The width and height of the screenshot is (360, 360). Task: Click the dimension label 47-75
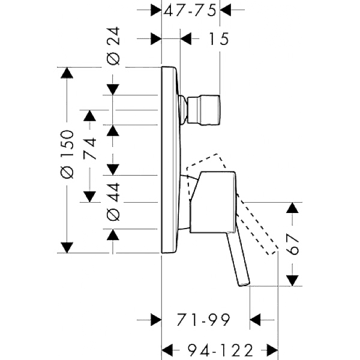tap(190, 11)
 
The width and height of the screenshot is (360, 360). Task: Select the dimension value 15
tap(218, 38)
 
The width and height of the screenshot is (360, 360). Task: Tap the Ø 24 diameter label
tap(113, 46)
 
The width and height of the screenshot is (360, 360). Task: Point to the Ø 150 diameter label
tap(67, 155)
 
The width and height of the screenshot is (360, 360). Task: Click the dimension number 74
tap(89, 148)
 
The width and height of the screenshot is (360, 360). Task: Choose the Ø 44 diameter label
tap(113, 202)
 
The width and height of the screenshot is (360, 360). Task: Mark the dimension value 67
tap(293, 244)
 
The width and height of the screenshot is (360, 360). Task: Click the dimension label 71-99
tap(203, 319)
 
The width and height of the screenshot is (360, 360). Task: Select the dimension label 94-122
tap(220, 350)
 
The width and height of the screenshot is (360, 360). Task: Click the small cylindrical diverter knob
tap(204, 110)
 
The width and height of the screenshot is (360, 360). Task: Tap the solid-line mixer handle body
tap(212, 202)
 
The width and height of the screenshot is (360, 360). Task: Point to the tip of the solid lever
tap(244, 284)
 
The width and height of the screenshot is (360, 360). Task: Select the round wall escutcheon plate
tap(170, 160)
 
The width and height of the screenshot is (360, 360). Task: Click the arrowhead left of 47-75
tap(156, 10)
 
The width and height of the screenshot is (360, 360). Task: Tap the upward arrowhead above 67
tap(292, 208)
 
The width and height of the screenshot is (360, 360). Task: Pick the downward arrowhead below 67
tap(292, 281)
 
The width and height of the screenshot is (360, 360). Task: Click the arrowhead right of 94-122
tap(272, 350)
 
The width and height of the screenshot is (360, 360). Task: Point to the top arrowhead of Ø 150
tap(67, 73)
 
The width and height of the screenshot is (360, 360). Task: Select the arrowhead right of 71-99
tap(256, 320)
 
